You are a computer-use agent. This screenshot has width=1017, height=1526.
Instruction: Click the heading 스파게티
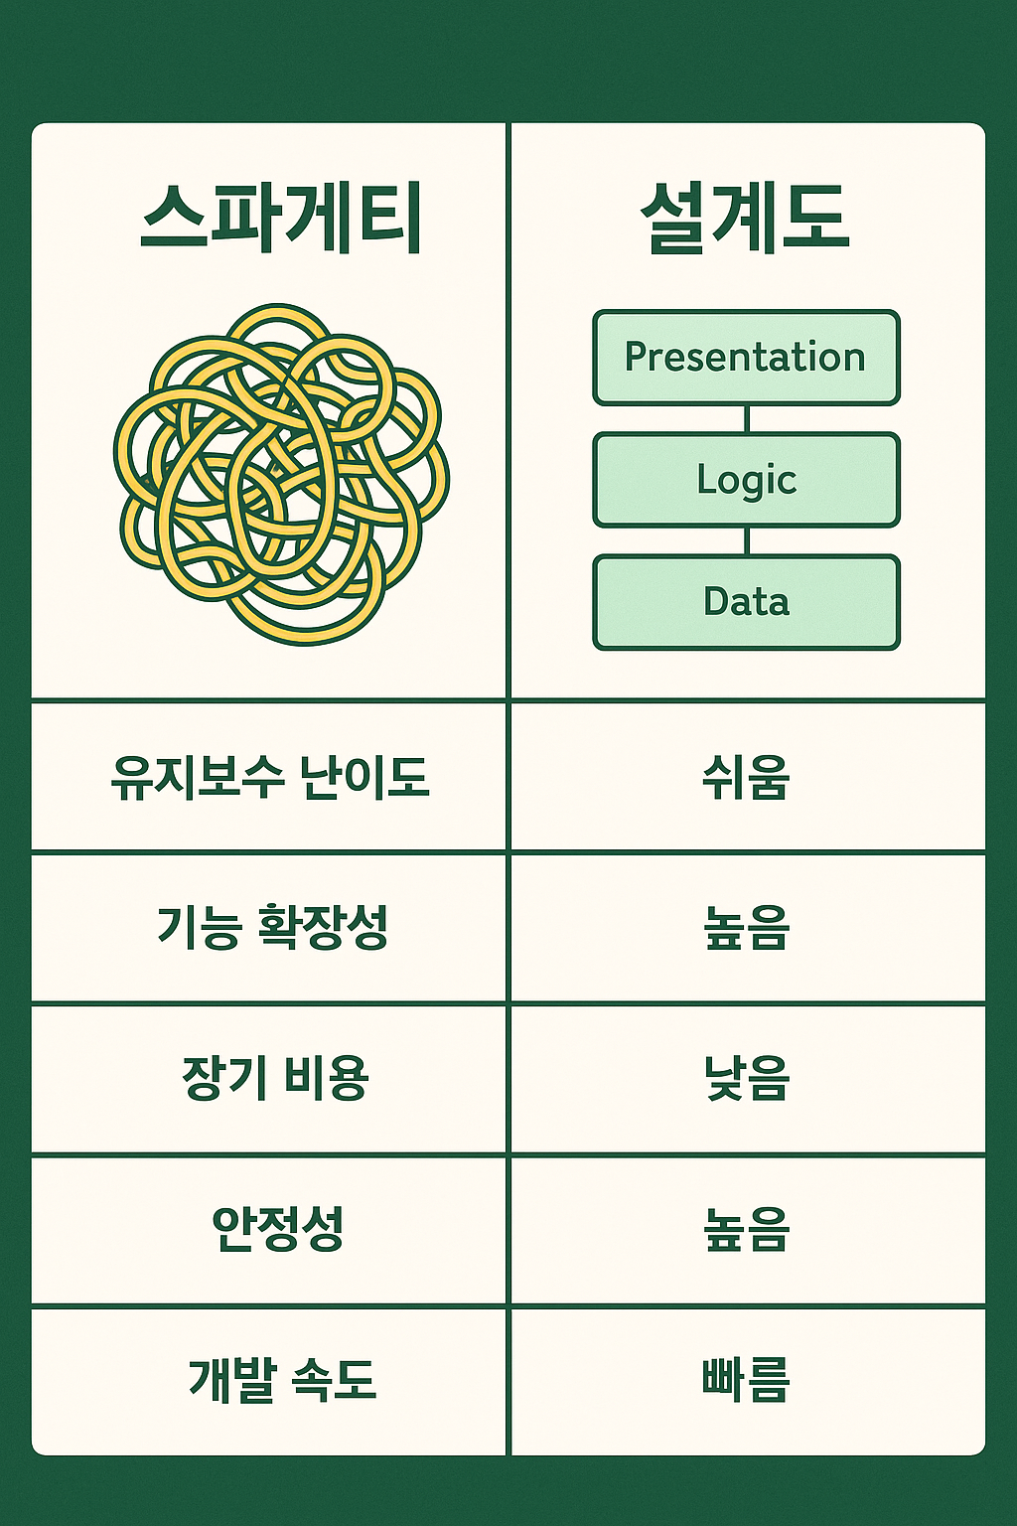coord(280,218)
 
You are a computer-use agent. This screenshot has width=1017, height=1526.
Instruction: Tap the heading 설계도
coord(746,218)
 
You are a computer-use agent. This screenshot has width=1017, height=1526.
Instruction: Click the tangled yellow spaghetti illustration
coord(281,474)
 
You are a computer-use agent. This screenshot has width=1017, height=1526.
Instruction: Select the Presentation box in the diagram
coord(747,358)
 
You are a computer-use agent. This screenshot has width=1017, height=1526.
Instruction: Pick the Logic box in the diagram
coord(747,480)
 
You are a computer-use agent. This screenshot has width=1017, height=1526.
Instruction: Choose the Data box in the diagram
coord(747,602)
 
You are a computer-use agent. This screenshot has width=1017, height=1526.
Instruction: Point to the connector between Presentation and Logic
coord(747,419)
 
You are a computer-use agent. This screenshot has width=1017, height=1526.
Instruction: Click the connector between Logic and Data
coord(747,541)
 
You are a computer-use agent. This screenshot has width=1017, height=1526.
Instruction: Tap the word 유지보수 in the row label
coord(198,777)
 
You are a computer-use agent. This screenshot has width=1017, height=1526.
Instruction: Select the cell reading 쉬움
coord(746,777)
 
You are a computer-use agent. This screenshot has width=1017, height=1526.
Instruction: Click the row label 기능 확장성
coord(272,927)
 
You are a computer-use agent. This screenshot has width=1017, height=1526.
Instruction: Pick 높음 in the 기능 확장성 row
coord(747,927)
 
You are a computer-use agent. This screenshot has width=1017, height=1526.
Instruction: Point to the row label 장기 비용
coord(275,1078)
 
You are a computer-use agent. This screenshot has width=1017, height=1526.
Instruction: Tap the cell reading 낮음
coord(747,1078)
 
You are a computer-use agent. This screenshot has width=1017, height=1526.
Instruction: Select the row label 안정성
coord(277,1228)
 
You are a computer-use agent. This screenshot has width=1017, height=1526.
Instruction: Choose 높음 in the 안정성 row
coord(747,1229)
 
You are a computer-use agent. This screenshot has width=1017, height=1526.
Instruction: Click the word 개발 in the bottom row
coord(230,1380)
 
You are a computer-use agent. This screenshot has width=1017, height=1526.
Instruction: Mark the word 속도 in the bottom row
coord(333,1380)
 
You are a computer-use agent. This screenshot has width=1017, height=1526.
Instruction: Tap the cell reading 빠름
coord(746,1380)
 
